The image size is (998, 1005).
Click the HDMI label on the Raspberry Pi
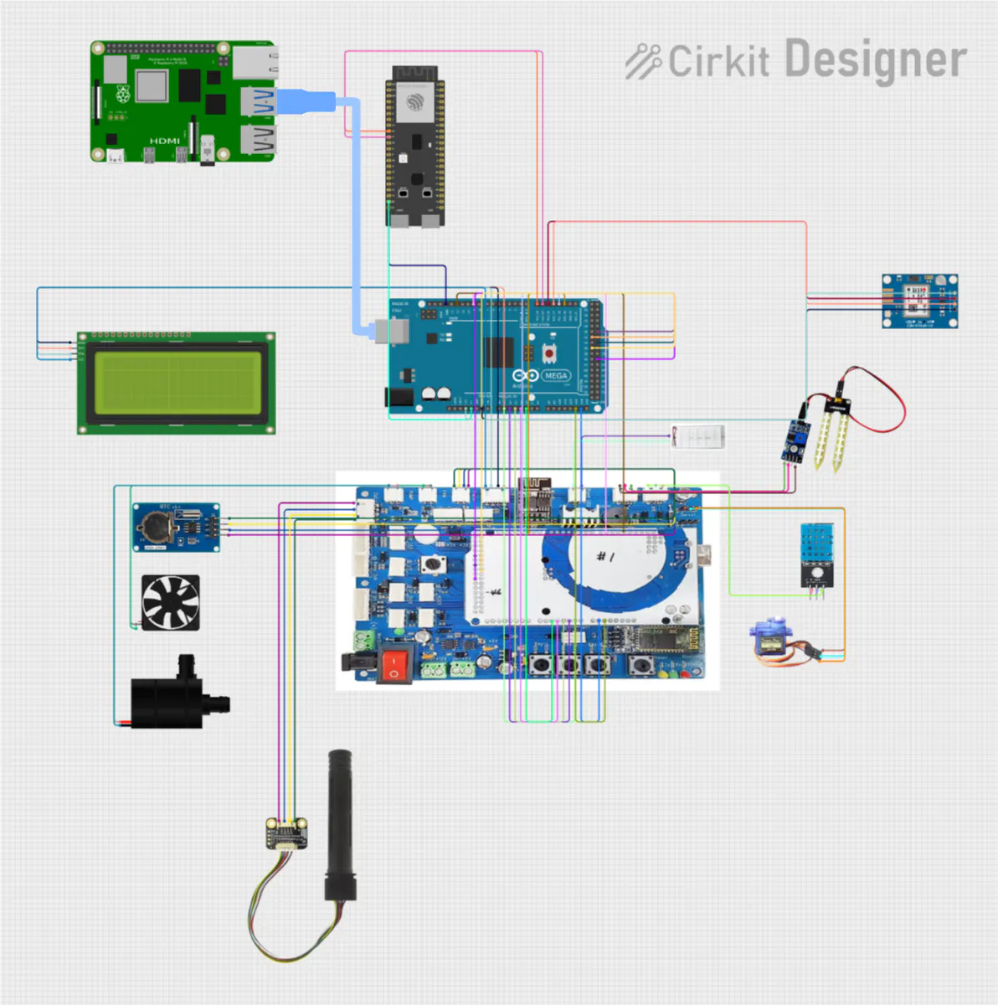click(x=164, y=141)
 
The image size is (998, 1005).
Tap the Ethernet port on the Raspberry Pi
click(x=255, y=63)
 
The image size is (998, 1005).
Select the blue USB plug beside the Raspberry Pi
click(x=305, y=101)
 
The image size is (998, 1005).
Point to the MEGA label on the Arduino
click(x=555, y=376)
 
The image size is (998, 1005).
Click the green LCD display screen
click(x=177, y=383)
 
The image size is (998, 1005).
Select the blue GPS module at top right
click(x=919, y=301)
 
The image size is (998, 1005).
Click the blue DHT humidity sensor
click(x=816, y=545)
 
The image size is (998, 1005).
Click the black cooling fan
click(x=171, y=602)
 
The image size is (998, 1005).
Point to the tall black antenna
click(x=341, y=825)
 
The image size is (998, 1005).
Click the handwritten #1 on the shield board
click(x=605, y=556)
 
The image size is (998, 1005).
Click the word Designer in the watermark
click(x=875, y=60)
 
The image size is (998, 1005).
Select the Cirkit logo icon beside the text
click(x=643, y=61)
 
